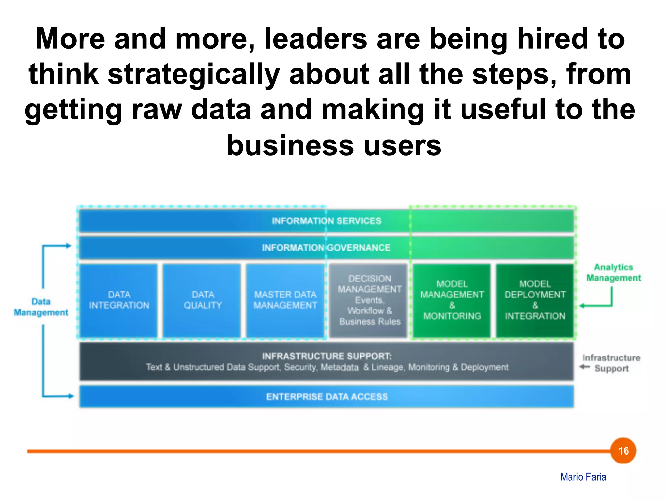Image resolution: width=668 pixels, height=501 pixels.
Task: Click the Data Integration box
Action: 119,300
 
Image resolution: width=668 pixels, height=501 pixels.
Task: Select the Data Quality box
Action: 202,300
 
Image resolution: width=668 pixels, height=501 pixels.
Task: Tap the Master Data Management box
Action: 285,300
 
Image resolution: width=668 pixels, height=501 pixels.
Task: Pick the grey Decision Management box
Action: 369,300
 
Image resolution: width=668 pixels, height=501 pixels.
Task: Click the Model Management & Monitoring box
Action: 452,300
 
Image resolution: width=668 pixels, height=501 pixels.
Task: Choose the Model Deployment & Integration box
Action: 535,300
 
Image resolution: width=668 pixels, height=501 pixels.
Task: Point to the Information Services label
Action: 326,221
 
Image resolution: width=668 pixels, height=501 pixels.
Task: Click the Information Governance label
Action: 326,248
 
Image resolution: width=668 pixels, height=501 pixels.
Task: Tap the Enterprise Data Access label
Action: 327,397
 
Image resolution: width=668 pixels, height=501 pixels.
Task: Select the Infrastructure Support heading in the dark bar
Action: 327,356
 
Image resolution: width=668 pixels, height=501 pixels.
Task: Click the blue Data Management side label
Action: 41,307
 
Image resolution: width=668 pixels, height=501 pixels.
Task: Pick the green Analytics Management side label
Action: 614,272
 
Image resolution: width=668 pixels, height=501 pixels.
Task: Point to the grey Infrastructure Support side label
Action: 611,363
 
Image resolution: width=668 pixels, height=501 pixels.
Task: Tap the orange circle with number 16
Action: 623,451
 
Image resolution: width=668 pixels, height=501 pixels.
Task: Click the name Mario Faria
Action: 583,477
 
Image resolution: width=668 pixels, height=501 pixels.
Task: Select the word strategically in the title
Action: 194,74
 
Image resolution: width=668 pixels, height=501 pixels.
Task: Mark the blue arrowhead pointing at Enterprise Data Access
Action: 71,396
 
